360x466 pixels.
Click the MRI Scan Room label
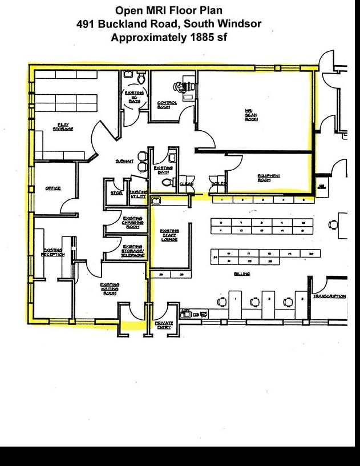[x=252, y=115]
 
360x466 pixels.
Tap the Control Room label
[x=167, y=105]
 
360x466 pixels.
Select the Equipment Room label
[x=269, y=178]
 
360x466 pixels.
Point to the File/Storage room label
[x=63, y=126]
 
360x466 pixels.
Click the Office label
[x=53, y=188]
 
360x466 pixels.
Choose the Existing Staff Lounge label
[x=169, y=235]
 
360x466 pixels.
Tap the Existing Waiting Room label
[x=110, y=288]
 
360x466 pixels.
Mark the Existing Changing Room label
[x=132, y=222]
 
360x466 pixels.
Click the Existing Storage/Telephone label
[x=132, y=251]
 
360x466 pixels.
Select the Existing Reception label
[x=52, y=252]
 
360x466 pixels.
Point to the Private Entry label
[x=164, y=325]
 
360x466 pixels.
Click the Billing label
[x=242, y=274]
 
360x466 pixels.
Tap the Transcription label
[x=329, y=296]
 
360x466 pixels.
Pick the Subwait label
[x=124, y=162]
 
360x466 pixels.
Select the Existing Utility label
[x=137, y=194]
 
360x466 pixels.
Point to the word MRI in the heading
[x=153, y=10]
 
